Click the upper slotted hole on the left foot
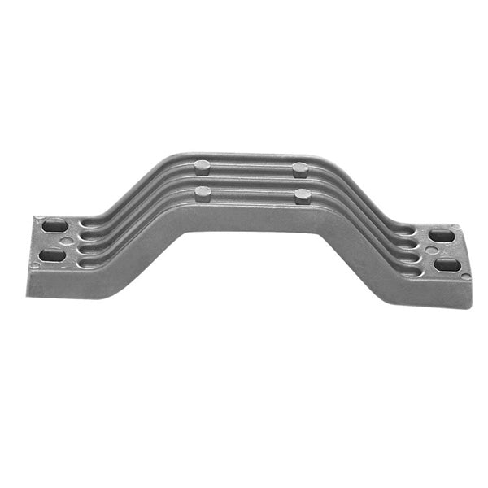point(54,225)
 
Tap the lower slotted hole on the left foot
point(53,254)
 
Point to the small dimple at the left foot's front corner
point(35,266)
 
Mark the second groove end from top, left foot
point(84,237)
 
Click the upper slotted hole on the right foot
point(441,236)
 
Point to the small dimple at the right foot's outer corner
point(464,277)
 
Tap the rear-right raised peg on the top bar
point(300,170)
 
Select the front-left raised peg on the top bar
point(203,194)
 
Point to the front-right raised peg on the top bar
point(302,195)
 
